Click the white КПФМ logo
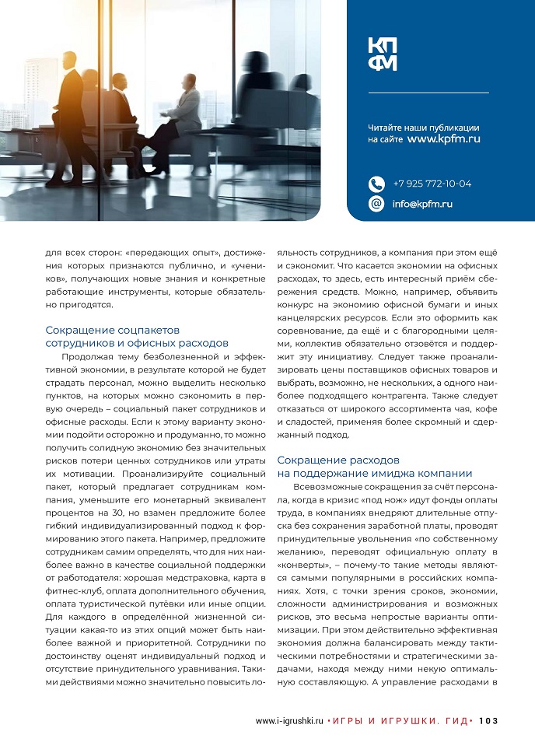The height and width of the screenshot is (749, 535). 383,54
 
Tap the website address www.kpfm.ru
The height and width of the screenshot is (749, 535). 443,138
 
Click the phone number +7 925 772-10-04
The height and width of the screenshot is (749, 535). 432,184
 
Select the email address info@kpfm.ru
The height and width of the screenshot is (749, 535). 422,204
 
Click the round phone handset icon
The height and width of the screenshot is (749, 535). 376,184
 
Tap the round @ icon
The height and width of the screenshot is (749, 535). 376,204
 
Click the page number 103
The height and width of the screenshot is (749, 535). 488,720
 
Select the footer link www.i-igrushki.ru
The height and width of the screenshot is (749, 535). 288,720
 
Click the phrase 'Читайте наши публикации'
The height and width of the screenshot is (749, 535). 423,127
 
